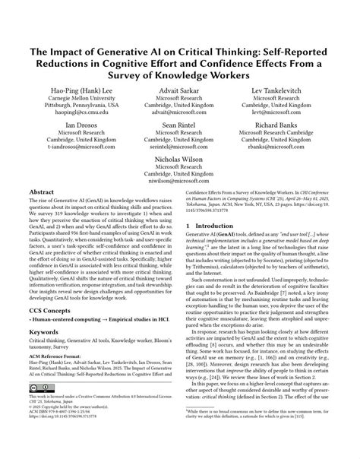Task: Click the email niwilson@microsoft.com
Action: [x=180, y=181]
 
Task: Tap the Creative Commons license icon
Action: [x=43, y=403]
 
